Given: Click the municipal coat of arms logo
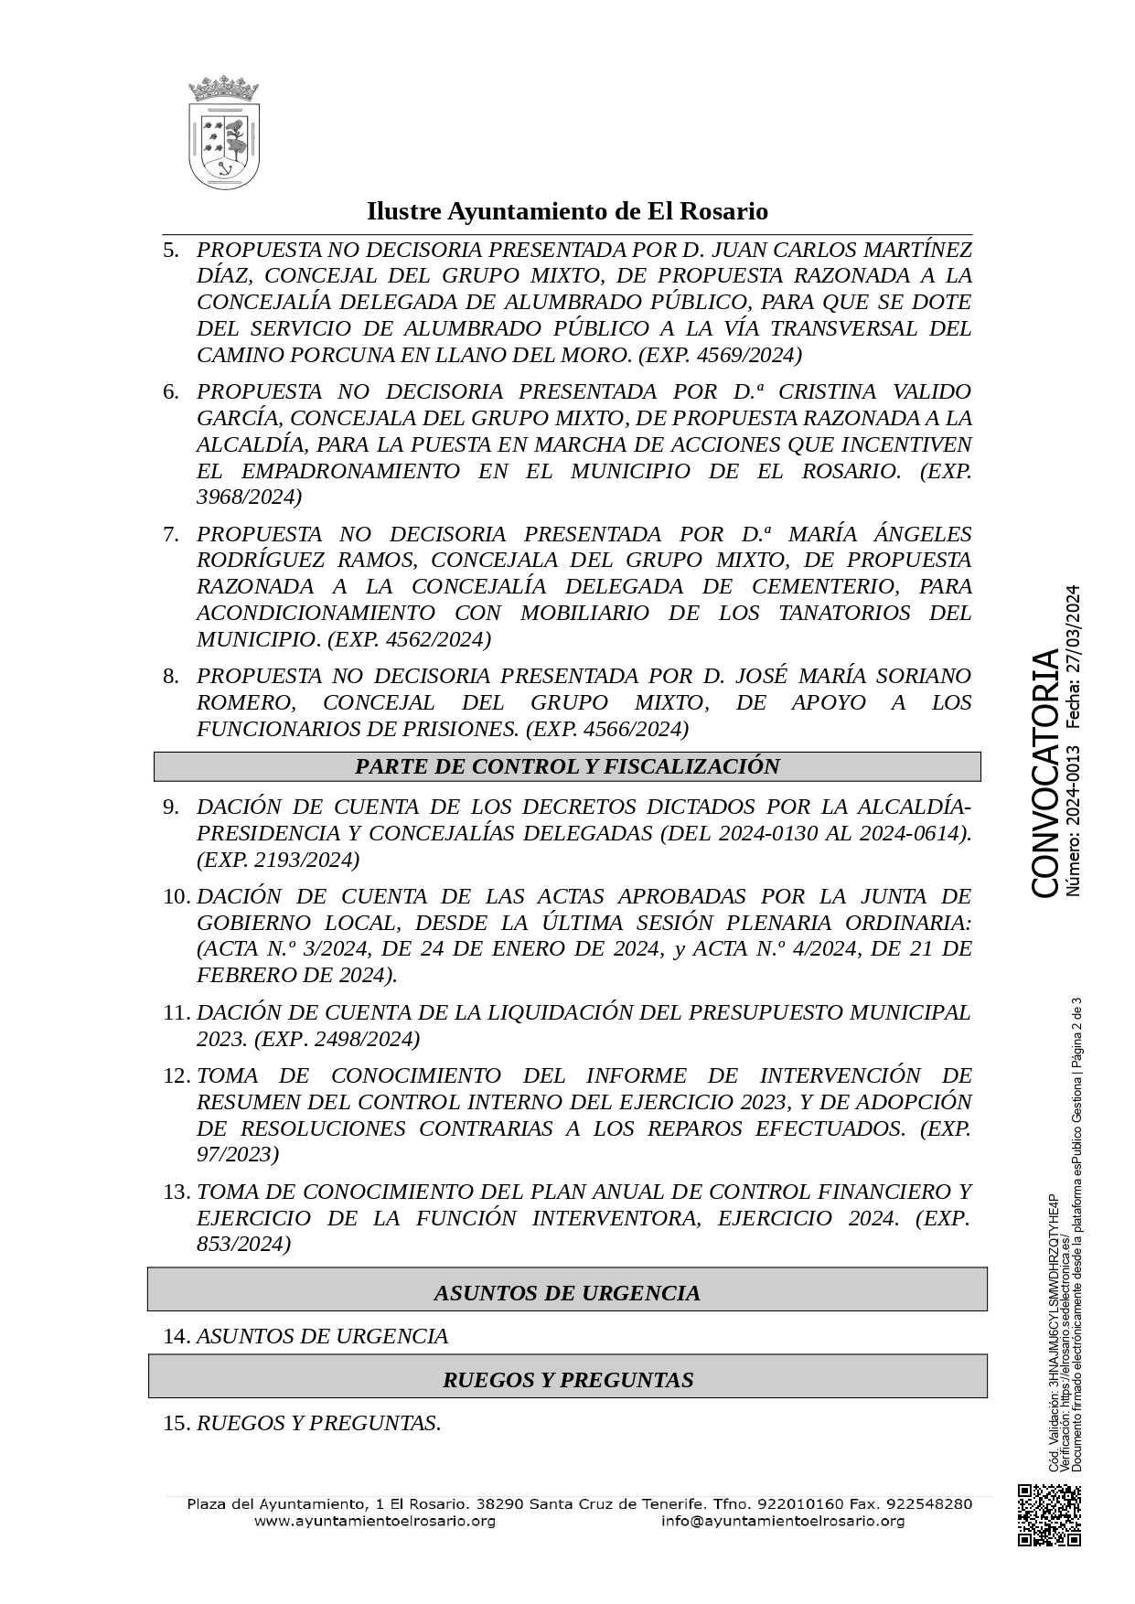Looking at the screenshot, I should (x=223, y=134).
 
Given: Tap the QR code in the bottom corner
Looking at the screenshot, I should (x=1050, y=1514).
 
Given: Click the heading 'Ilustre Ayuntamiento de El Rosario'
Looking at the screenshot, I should (x=567, y=211).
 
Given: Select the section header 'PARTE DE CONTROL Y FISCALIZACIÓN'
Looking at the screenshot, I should (x=567, y=766).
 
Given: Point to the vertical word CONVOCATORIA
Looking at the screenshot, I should (x=1045, y=774).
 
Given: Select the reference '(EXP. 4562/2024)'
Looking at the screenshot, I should (x=409, y=639).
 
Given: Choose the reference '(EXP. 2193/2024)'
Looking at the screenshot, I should (x=278, y=860).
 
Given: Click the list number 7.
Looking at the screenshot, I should (x=171, y=534).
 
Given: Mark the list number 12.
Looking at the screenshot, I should (x=176, y=1075).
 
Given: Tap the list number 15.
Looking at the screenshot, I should (x=176, y=1423).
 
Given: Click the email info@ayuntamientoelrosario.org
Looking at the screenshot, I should (x=783, y=1521).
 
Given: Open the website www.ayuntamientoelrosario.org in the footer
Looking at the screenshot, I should (x=374, y=1521).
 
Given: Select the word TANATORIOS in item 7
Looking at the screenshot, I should (x=850, y=613).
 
